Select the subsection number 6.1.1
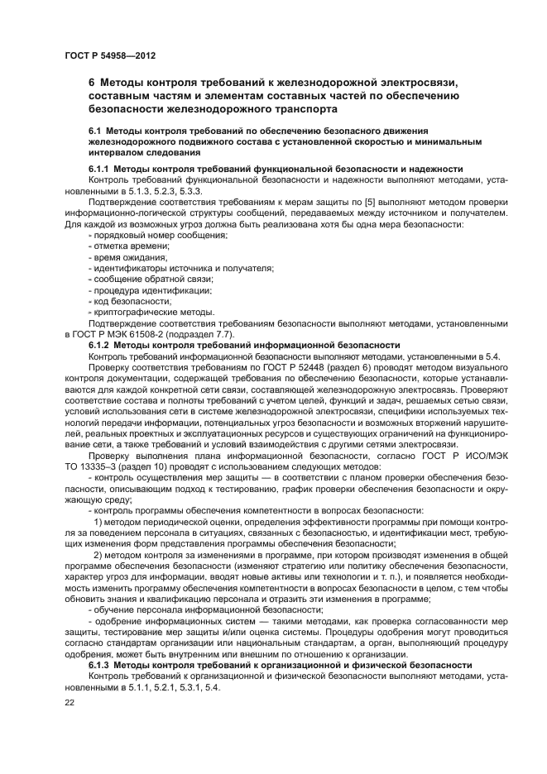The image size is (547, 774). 99,169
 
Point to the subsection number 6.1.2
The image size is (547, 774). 99,345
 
